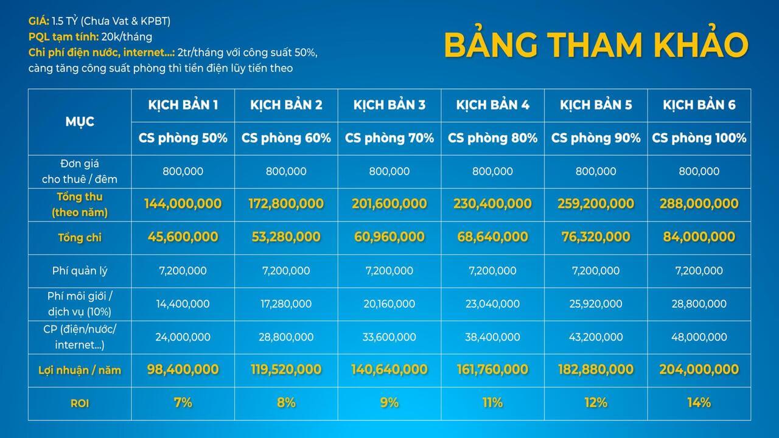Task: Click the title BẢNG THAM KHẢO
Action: tap(596, 44)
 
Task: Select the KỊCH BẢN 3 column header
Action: tap(389, 105)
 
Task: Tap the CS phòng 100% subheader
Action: tap(699, 138)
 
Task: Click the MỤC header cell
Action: tap(80, 122)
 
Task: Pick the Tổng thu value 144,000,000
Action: tap(183, 203)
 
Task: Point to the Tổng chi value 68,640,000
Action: tap(492, 237)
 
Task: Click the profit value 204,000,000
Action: tap(699, 369)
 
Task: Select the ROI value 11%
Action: tap(492, 403)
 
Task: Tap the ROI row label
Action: tap(80, 403)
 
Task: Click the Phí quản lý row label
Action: tap(80, 271)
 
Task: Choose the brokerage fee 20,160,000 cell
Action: tap(389, 304)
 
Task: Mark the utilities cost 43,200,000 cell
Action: tap(596, 337)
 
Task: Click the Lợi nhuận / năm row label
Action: tap(80, 370)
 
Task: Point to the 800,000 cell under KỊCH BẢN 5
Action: tap(596, 171)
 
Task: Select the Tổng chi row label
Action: tap(80, 237)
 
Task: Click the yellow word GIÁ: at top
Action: tap(38, 21)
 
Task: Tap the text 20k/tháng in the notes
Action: tap(127, 37)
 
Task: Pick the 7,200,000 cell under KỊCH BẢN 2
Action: tap(286, 271)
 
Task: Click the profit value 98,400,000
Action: tap(183, 369)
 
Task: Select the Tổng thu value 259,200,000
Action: tap(596, 203)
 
